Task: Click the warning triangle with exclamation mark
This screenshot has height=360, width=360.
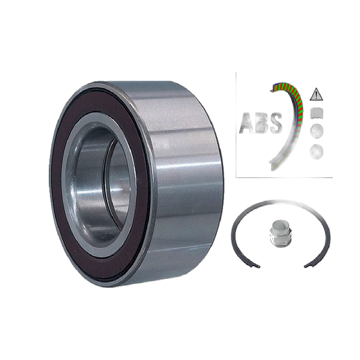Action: coord(315,95)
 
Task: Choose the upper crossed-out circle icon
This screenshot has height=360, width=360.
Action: coord(316,131)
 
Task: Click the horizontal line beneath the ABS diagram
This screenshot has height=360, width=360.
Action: coord(284,177)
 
